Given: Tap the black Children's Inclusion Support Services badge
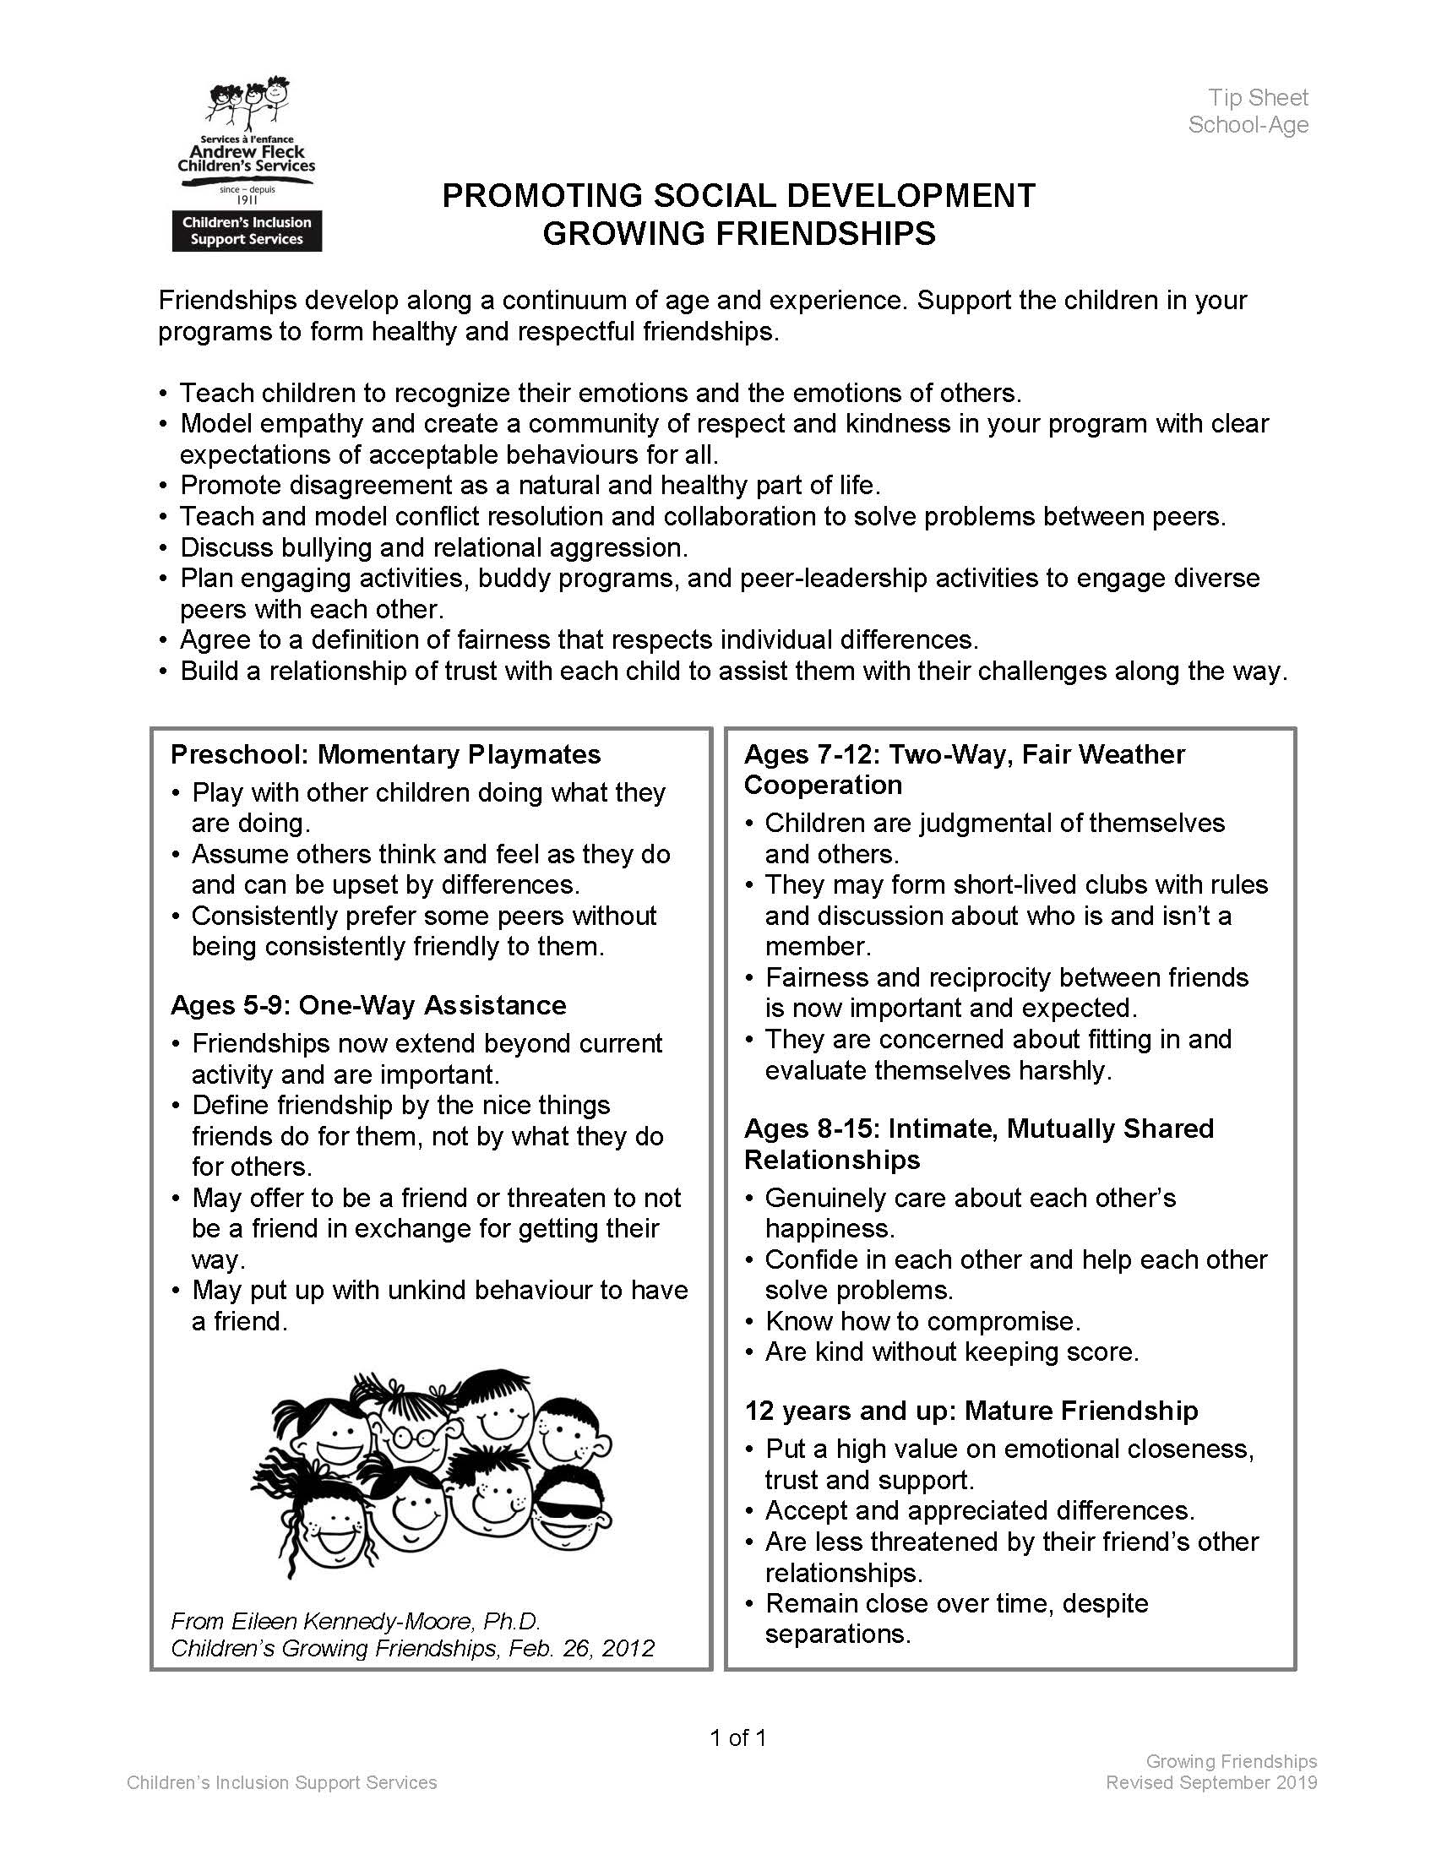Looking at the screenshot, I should pyautogui.click(x=247, y=231).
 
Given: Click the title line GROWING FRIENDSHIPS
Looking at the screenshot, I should pyautogui.click(x=738, y=234).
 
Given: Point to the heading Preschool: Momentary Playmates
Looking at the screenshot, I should pyautogui.click(x=385, y=754).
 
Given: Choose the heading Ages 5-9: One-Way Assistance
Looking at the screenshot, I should pyautogui.click(x=368, y=1005).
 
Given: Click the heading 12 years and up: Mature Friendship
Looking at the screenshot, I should pyautogui.click(x=971, y=1411).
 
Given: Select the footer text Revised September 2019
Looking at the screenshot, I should pyautogui.click(x=1210, y=1782).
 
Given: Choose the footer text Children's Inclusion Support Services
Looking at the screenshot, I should pyautogui.click(x=282, y=1782).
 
